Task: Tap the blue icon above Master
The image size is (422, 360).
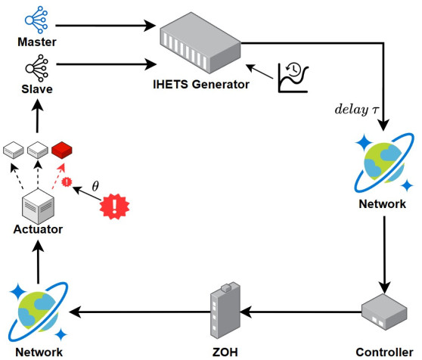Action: point(36,17)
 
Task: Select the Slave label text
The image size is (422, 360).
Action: point(36,89)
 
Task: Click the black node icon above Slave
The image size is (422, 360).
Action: point(36,67)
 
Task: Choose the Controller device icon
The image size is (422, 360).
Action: point(383,312)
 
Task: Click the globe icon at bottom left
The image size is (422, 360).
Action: point(38,310)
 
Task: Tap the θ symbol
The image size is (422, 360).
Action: point(95,184)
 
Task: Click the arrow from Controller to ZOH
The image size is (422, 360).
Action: point(303,312)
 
